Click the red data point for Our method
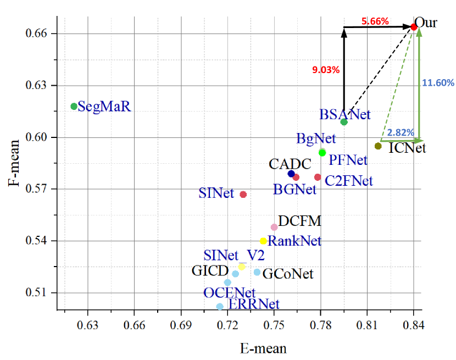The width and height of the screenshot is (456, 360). click(414, 26)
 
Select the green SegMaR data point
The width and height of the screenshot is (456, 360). click(74, 106)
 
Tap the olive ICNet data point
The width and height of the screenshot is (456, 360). click(378, 146)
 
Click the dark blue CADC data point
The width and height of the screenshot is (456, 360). click(291, 174)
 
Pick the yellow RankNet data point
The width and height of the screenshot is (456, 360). click(263, 241)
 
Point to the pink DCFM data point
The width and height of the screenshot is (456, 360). click(274, 227)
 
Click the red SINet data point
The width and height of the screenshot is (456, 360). click(243, 195)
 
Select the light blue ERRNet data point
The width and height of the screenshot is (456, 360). click(220, 306)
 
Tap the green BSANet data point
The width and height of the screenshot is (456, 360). click(344, 121)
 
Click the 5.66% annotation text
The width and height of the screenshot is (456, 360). click(375, 21)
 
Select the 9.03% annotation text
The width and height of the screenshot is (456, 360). click(326, 70)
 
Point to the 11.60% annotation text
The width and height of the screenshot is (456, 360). click(438, 83)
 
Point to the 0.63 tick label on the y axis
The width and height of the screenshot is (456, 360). click(37, 85)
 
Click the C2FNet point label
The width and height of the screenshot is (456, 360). click(348, 181)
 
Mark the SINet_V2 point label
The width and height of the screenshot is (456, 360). click(234, 256)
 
